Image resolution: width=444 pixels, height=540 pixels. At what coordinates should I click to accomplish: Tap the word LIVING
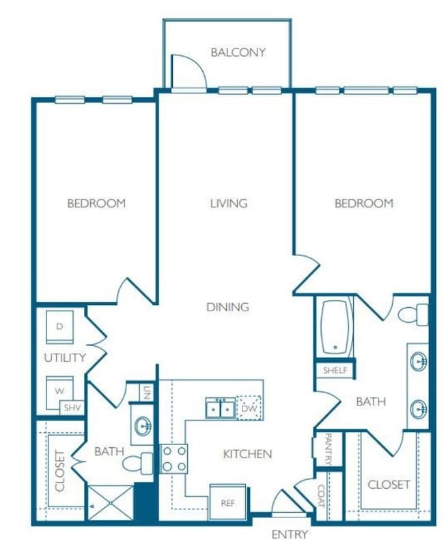pyautogui.click(x=228, y=203)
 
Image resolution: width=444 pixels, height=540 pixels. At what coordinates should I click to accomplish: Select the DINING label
pyautogui.click(x=227, y=307)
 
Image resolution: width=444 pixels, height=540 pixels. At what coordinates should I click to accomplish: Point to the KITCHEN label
pyautogui.click(x=247, y=453)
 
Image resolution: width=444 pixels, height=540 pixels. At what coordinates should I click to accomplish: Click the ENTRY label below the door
pyautogui.click(x=289, y=534)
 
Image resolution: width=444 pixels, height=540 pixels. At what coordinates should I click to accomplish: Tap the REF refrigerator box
pyautogui.click(x=227, y=502)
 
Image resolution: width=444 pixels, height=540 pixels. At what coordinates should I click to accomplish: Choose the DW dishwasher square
pyautogui.click(x=249, y=408)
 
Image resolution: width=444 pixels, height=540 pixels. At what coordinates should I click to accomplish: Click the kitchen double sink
pyautogui.click(x=220, y=408)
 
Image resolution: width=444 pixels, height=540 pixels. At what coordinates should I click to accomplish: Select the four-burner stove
pyautogui.click(x=174, y=458)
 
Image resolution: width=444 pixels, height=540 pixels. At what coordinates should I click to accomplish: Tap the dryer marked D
pyautogui.click(x=59, y=328)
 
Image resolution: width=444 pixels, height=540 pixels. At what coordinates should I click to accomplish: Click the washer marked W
pyautogui.click(x=59, y=391)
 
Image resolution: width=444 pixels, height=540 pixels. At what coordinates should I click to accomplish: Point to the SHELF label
pyautogui.click(x=335, y=370)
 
